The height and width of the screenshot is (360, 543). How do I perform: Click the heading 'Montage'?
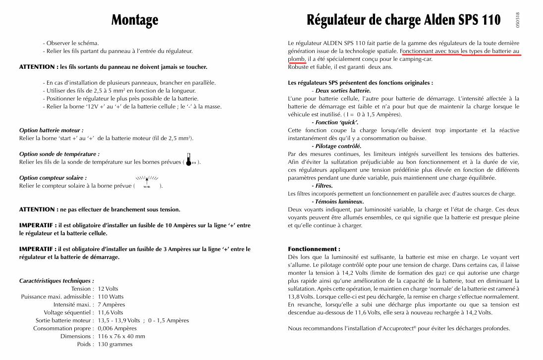tap(135, 20)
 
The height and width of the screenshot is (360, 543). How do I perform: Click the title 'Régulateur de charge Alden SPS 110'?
tap(404, 20)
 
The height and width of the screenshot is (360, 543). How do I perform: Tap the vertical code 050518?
tap(518, 19)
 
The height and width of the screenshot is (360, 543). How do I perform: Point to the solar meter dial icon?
tap(147, 181)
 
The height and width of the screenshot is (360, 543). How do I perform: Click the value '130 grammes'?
tap(115, 344)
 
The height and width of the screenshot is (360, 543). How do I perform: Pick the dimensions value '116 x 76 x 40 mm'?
tap(121, 336)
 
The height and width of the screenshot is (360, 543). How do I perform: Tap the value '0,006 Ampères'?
tap(117, 328)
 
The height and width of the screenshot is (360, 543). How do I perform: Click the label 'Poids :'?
tap(85, 344)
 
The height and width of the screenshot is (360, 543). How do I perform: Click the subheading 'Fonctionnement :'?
tap(314, 249)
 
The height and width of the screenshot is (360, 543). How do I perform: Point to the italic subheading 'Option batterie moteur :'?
tap(51, 130)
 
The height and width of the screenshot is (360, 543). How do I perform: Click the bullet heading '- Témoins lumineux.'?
tap(337, 202)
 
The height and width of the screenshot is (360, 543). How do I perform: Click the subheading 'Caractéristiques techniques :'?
tap(56, 281)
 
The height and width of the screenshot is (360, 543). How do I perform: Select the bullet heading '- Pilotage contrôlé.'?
tap(336, 146)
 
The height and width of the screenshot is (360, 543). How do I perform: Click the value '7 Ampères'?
tap(111, 305)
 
